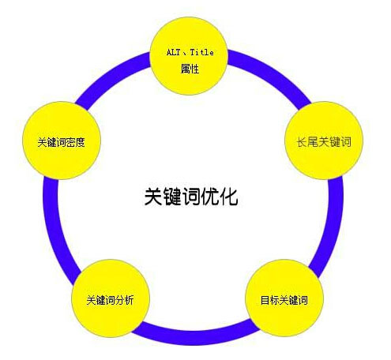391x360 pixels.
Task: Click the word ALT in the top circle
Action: click(173, 52)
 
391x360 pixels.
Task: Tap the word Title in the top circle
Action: click(202, 52)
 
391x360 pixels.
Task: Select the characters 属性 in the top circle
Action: click(190, 69)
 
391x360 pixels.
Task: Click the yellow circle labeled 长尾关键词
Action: click(324, 141)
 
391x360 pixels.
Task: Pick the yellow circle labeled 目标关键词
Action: click(284, 298)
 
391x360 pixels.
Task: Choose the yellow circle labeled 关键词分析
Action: click(111, 298)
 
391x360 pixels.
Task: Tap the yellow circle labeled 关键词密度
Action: click(62, 141)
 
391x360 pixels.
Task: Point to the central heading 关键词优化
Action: click(191, 197)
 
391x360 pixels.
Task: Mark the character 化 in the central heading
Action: click(229, 197)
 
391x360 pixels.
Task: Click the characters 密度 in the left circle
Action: click(75, 142)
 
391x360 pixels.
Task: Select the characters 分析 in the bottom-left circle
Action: click(124, 300)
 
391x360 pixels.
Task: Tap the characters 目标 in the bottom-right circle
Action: click(269, 300)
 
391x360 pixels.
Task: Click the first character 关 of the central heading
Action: click(153, 197)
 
